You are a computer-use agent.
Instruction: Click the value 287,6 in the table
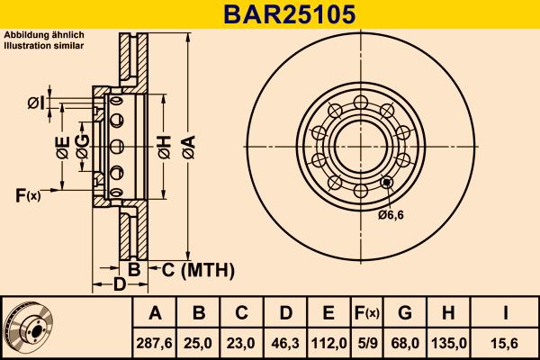tap(155, 342)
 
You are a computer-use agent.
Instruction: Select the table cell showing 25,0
tap(199, 342)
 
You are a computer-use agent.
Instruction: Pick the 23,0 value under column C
tap(242, 342)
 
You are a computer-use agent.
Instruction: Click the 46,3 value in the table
tap(285, 342)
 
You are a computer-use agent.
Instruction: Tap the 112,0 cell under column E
tap(328, 342)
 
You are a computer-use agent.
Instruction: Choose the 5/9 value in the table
tap(367, 342)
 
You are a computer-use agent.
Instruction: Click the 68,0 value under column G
tap(405, 342)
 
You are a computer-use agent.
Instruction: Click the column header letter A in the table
tap(155, 313)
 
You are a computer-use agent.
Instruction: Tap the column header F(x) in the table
tap(367, 313)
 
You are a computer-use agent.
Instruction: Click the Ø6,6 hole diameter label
tap(392, 215)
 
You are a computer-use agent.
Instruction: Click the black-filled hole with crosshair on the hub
tap(387, 183)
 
